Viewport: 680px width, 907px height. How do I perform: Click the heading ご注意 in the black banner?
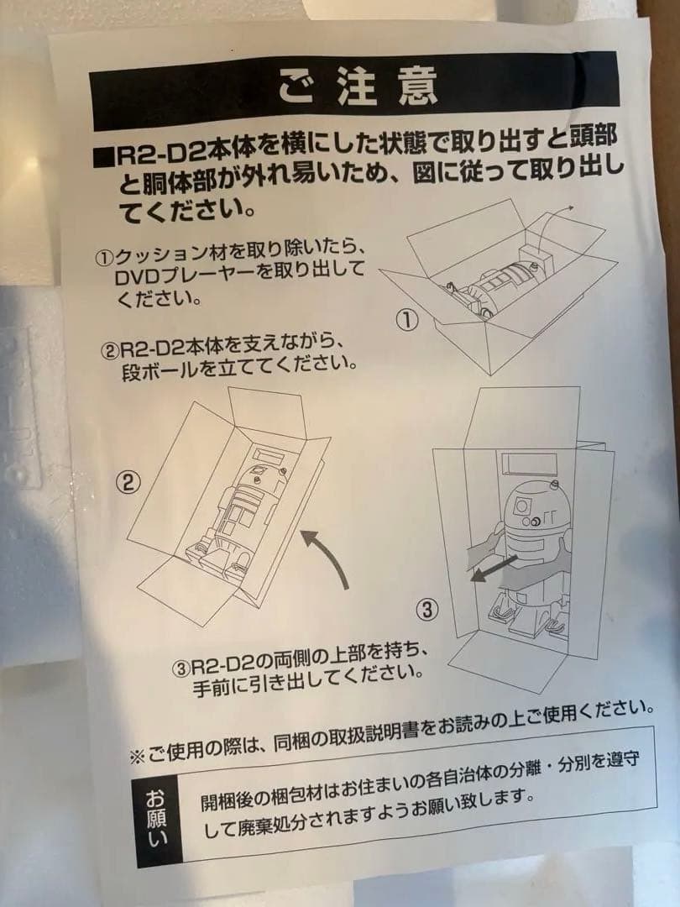tap(358, 88)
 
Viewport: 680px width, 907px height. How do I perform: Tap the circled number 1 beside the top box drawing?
tap(407, 320)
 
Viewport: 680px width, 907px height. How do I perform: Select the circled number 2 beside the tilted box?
tap(128, 482)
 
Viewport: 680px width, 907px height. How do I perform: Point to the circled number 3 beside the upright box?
tap(426, 609)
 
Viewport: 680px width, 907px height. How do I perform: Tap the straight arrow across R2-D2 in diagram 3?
tap(494, 569)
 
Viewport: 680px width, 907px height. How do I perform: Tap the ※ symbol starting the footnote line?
tap(137, 756)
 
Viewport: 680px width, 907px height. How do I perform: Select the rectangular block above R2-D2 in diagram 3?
tap(529, 462)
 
